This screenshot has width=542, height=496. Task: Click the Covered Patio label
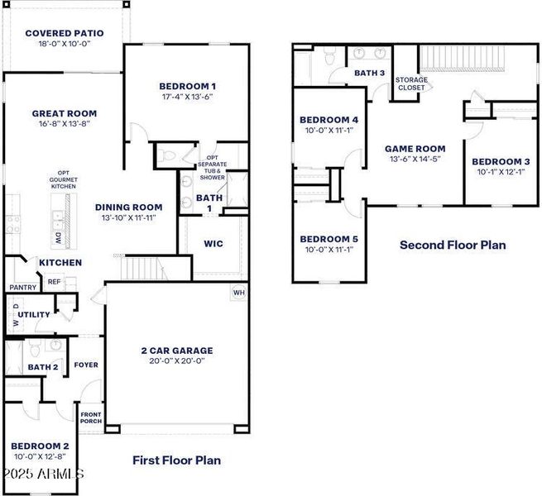(65, 34)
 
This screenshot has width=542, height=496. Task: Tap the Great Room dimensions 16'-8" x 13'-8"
(65, 124)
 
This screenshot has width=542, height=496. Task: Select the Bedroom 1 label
(188, 85)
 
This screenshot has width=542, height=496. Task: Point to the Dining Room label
(128, 207)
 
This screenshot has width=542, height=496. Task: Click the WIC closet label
(213, 244)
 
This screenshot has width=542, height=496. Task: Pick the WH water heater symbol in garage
(239, 292)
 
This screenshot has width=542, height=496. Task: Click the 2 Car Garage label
(177, 351)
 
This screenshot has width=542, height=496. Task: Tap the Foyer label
(86, 365)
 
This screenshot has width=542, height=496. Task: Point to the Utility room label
(34, 314)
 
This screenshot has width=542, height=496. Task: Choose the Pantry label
(22, 287)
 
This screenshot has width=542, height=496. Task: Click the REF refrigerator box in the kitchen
(54, 282)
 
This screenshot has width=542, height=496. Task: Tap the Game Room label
(415, 149)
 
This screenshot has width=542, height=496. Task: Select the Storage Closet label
(411, 83)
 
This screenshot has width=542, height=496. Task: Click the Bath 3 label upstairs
(370, 73)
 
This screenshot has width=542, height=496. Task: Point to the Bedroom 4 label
(329, 119)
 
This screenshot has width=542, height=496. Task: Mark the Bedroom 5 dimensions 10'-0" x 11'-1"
(329, 249)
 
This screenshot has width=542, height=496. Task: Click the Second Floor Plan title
(453, 245)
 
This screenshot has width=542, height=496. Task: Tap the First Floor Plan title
(176, 460)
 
